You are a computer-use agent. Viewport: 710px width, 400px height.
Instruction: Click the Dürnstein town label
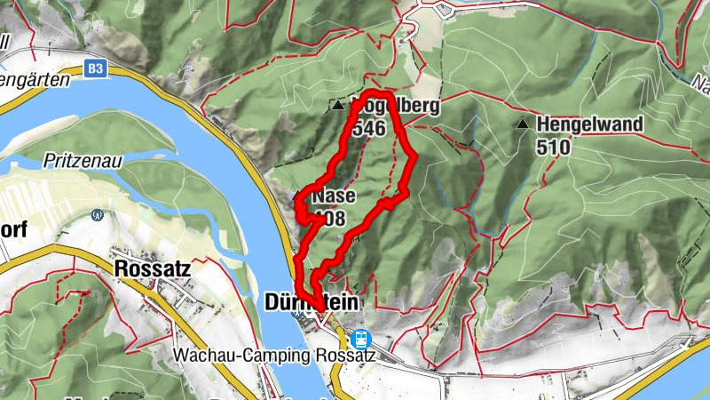[312, 303]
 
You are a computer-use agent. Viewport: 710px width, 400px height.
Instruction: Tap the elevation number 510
[553, 147]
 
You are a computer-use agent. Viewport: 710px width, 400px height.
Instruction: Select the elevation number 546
[368, 129]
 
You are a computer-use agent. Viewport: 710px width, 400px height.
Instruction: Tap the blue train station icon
[360, 338]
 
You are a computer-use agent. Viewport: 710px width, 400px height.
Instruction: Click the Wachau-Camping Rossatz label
[275, 356]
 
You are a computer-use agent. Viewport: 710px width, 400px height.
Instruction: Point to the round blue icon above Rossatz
[98, 214]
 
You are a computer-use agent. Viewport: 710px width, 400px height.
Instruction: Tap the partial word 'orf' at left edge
[13, 229]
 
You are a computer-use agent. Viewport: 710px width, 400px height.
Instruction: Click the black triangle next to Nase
[297, 193]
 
